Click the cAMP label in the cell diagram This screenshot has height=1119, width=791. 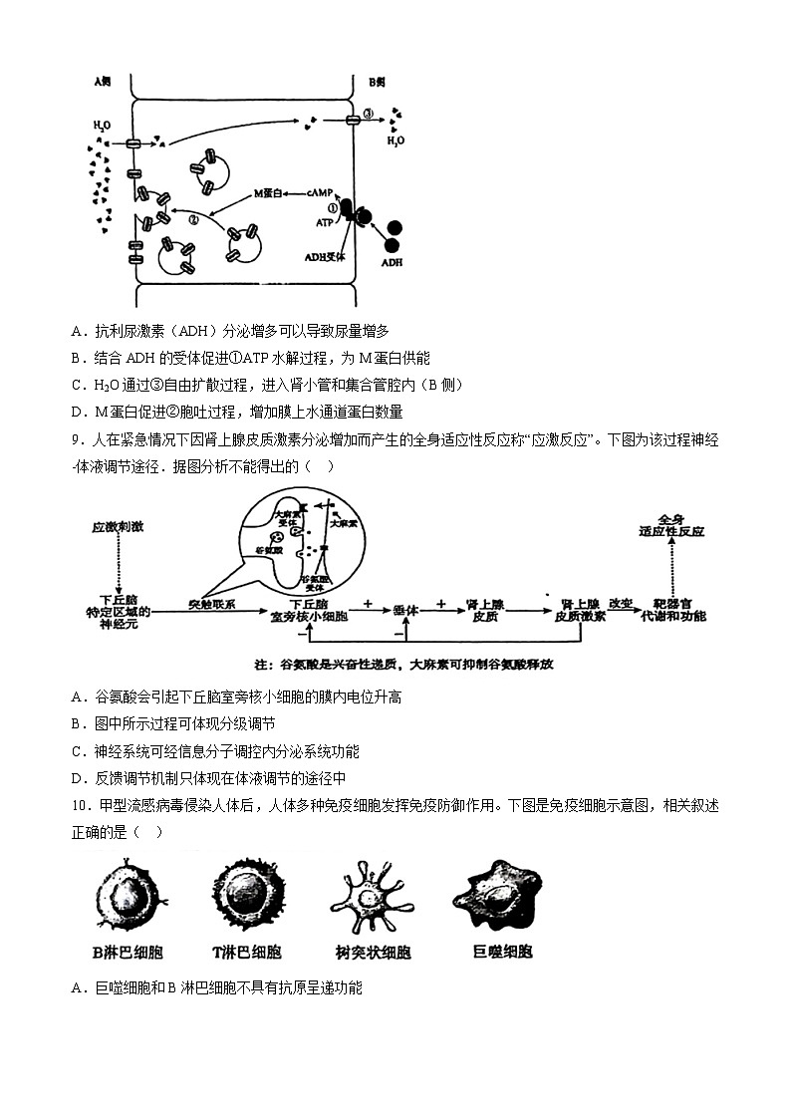[x=319, y=191]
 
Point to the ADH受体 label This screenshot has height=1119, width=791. [x=324, y=256]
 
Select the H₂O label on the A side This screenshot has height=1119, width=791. [x=102, y=127]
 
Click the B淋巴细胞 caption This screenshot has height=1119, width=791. [x=127, y=952]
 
